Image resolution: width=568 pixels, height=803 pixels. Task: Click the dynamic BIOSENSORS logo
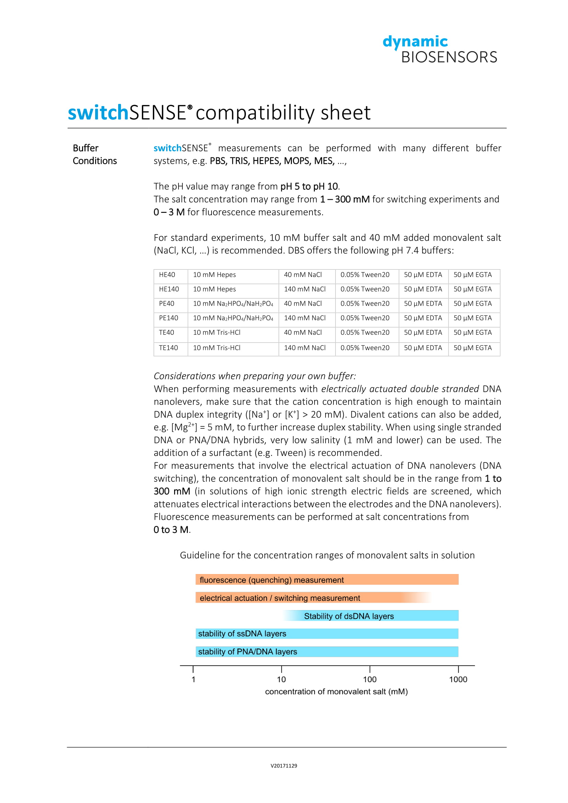pyautogui.click(x=440, y=50)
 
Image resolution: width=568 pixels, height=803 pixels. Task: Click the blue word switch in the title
pyautogui.click(x=98, y=113)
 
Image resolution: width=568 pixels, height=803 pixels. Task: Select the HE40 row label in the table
pyautogui.click(x=167, y=275)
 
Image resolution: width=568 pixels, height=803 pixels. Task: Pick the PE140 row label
pyautogui.click(x=169, y=318)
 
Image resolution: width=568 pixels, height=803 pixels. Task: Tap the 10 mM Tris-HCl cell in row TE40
pyautogui.click(x=217, y=333)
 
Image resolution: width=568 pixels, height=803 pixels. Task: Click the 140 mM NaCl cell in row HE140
pyautogui.click(x=305, y=289)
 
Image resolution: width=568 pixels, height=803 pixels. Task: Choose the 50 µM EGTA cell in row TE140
pyautogui.click(x=473, y=348)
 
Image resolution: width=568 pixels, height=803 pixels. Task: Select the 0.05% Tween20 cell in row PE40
pyautogui.click(x=365, y=303)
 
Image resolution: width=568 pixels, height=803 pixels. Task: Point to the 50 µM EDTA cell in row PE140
pyautogui.click(x=423, y=318)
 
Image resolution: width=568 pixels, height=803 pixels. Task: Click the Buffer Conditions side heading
pyautogui.click(x=94, y=154)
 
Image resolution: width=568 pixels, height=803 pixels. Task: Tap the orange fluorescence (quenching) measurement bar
pyautogui.click(x=327, y=580)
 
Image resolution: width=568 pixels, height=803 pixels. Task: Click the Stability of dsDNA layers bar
pyautogui.click(x=371, y=616)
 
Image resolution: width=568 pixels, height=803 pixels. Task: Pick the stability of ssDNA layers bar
pyautogui.click(x=327, y=634)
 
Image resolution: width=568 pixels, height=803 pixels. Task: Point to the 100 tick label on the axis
pyautogui.click(x=370, y=679)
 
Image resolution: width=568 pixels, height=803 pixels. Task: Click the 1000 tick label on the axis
pyautogui.click(x=458, y=679)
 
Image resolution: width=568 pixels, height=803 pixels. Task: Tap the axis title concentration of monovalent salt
pyautogui.click(x=337, y=692)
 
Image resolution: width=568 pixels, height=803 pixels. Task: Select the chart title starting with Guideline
pyautogui.click(x=327, y=555)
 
